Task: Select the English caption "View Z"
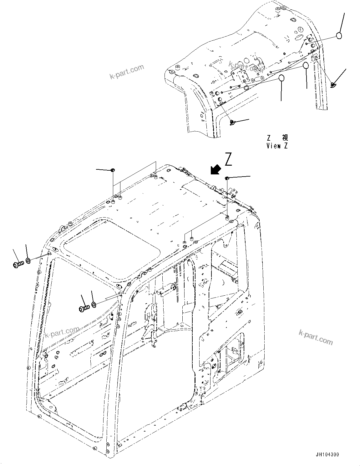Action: tap(277, 146)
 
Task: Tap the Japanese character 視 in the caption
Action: tap(285, 138)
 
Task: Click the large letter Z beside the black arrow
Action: tap(229, 160)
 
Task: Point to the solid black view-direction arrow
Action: tap(215, 169)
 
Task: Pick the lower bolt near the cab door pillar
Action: tap(84, 308)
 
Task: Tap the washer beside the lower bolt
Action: tap(94, 304)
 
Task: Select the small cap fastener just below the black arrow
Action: tap(227, 178)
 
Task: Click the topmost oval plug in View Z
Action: tap(339, 36)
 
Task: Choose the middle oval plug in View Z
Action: tap(306, 66)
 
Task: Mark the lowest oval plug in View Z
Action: tap(281, 78)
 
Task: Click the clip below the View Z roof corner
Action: tap(232, 122)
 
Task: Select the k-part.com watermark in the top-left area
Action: tap(127, 72)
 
